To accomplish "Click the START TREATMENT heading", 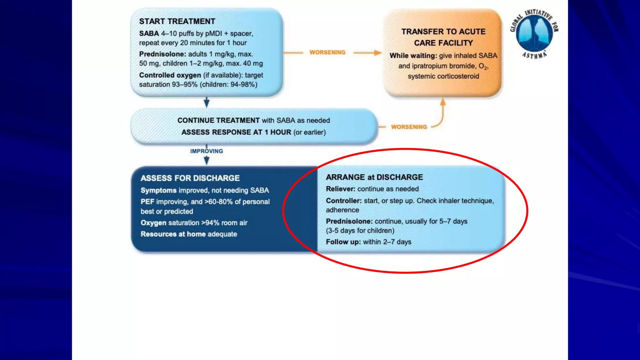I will click(177, 21).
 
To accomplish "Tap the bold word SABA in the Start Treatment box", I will click(149, 33).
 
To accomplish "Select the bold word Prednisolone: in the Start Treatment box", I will click(162, 54).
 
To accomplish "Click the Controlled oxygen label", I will click(170, 75).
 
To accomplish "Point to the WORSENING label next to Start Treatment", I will click(327, 52).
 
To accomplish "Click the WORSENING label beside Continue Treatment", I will click(409, 127).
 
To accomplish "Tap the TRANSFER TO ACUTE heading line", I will click(443, 32).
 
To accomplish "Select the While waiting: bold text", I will click(413, 56).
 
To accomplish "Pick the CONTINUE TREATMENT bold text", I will click(218, 120).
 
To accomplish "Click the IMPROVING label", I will click(207, 151).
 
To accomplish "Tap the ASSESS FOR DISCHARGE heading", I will click(190, 178).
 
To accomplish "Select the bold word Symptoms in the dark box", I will click(158, 190).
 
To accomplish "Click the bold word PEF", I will click(147, 202).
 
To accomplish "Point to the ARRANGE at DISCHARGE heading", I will click(374, 177).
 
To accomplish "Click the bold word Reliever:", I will click(341, 189).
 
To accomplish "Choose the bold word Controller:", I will click(344, 201).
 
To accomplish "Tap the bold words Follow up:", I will click(343, 242).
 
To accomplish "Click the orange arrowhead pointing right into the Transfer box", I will click(378, 53).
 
